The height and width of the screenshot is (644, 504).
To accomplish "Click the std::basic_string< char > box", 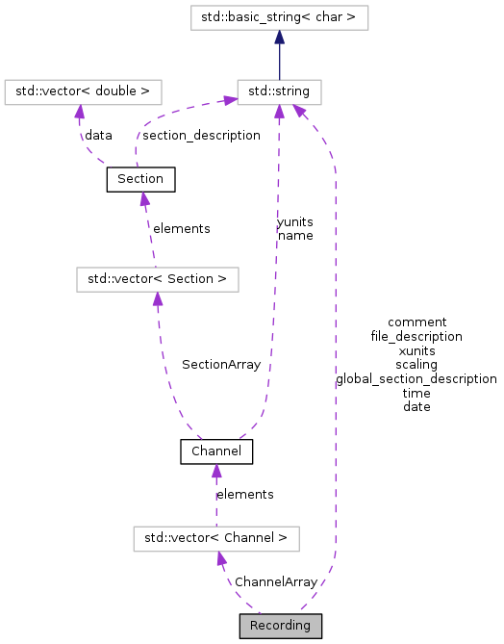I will (x=279, y=17).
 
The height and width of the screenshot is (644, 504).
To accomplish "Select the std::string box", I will (x=279, y=92).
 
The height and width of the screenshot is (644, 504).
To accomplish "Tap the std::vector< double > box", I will (x=82, y=92).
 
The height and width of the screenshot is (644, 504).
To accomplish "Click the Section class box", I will (x=140, y=179).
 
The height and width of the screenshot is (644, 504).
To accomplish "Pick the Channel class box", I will (x=216, y=451).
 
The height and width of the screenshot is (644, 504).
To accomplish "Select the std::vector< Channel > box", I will (x=215, y=538).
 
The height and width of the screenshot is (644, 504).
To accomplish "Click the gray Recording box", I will (x=280, y=626).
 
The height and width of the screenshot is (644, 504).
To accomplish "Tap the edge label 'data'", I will (x=98, y=136).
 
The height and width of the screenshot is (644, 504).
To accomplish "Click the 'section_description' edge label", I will (x=201, y=136).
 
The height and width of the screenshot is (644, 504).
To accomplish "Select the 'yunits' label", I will (x=295, y=221).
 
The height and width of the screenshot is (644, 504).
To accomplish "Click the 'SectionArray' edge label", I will (x=220, y=365).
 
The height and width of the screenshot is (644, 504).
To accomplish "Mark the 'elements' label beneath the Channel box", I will (x=244, y=494).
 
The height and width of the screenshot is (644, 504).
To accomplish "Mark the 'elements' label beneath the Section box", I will (x=182, y=228).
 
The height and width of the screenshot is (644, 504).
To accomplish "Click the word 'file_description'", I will (x=416, y=336).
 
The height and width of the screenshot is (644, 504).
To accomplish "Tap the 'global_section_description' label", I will (x=416, y=378).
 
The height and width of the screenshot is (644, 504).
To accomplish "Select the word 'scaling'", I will (x=416, y=365).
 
